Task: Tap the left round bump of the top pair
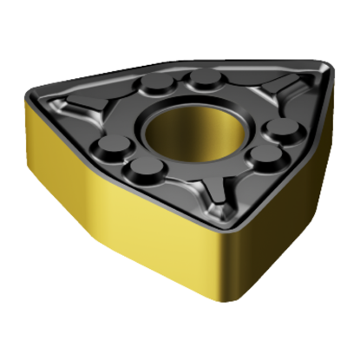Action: tap(157, 86)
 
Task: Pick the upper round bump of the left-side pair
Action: tap(111, 146)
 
